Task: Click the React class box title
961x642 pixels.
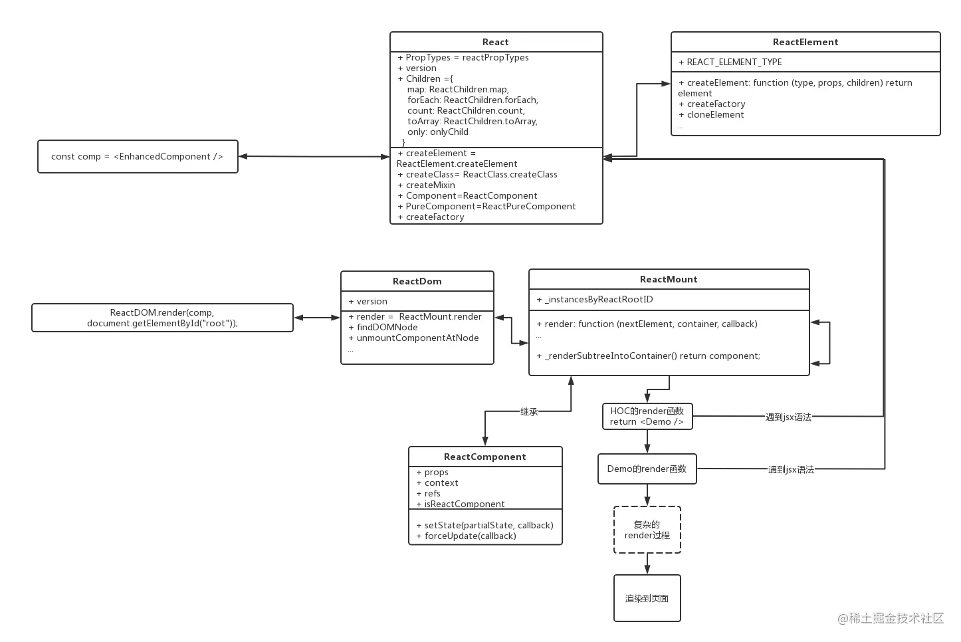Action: tap(496, 42)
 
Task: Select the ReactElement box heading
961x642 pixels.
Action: tap(805, 42)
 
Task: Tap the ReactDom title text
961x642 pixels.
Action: tap(417, 281)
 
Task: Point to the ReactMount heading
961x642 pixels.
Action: tap(669, 279)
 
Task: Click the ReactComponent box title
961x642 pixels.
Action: tap(484, 457)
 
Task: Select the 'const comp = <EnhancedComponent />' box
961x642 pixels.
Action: tap(138, 157)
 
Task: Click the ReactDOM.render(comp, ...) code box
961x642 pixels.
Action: tap(162, 318)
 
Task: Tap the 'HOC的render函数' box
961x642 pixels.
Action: tap(647, 416)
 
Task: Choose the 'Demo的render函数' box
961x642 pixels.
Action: tap(647, 469)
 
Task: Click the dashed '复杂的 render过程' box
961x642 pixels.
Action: tap(647, 529)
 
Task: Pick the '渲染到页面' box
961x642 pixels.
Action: tap(647, 598)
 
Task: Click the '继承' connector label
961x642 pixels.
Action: tap(529, 412)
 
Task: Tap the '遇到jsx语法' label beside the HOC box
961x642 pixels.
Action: tap(788, 417)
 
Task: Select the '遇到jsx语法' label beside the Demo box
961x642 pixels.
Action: tap(791, 470)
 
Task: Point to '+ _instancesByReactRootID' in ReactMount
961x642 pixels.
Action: tap(598, 299)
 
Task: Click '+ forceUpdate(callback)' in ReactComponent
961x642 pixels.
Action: tap(470, 536)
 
